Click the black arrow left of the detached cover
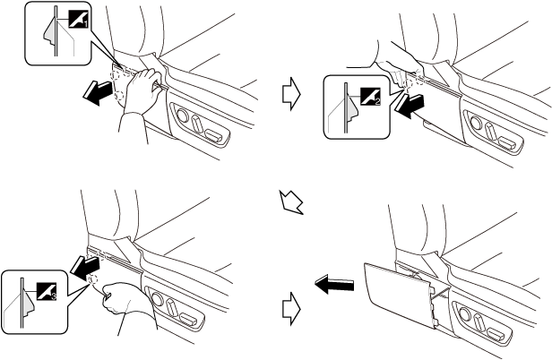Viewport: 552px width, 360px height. (331, 286)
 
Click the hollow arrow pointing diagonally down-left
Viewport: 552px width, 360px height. (291, 201)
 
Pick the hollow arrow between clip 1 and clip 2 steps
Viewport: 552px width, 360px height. (290, 96)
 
